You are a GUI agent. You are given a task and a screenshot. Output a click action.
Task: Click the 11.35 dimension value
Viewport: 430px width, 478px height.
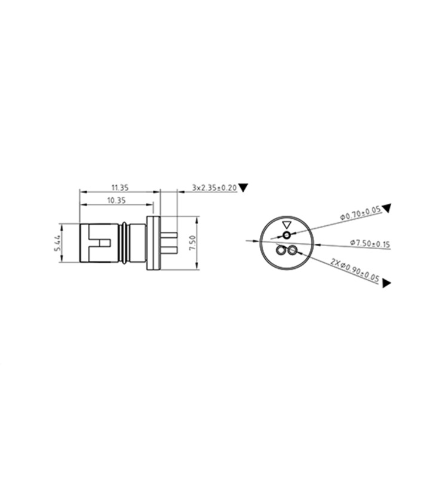click(x=120, y=188)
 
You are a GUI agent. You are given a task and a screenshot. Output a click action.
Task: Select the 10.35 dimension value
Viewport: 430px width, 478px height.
click(x=116, y=200)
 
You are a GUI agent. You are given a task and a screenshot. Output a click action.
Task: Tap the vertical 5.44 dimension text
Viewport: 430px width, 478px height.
click(x=57, y=243)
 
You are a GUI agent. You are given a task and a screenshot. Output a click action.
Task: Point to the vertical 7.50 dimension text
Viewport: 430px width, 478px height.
click(x=192, y=243)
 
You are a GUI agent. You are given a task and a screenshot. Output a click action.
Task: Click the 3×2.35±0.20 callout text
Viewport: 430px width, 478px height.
click(x=214, y=188)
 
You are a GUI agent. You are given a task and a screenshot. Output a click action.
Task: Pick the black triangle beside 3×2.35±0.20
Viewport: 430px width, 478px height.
click(x=244, y=187)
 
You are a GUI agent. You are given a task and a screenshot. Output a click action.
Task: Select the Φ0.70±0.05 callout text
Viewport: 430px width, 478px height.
click(x=360, y=213)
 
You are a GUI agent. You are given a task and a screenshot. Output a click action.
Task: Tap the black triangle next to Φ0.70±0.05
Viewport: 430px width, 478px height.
click(x=387, y=208)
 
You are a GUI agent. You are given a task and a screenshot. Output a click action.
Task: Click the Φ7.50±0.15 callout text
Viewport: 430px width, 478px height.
click(x=370, y=243)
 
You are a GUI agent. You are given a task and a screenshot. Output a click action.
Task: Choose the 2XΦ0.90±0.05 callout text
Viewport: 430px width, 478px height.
click(x=355, y=270)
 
